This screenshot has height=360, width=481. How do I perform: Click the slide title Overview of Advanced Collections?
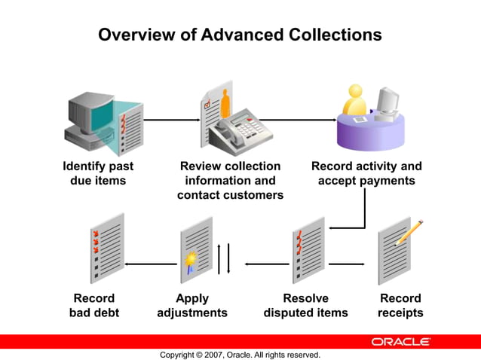click(x=240, y=35)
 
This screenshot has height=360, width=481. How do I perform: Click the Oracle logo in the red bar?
click(x=400, y=341)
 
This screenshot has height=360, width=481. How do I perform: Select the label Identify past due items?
click(x=98, y=173)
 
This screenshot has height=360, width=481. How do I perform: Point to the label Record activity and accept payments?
click(x=366, y=173)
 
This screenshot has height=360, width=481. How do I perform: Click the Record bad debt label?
click(x=94, y=305)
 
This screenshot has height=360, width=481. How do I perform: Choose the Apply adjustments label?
click(x=192, y=305)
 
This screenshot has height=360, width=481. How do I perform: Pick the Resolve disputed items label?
click(x=305, y=305)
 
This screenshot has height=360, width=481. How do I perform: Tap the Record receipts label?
click(x=400, y=305)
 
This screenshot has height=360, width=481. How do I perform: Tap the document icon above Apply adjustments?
click(x=196, y=249)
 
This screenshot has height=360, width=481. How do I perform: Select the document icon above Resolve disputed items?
click(x=307, y=248)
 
